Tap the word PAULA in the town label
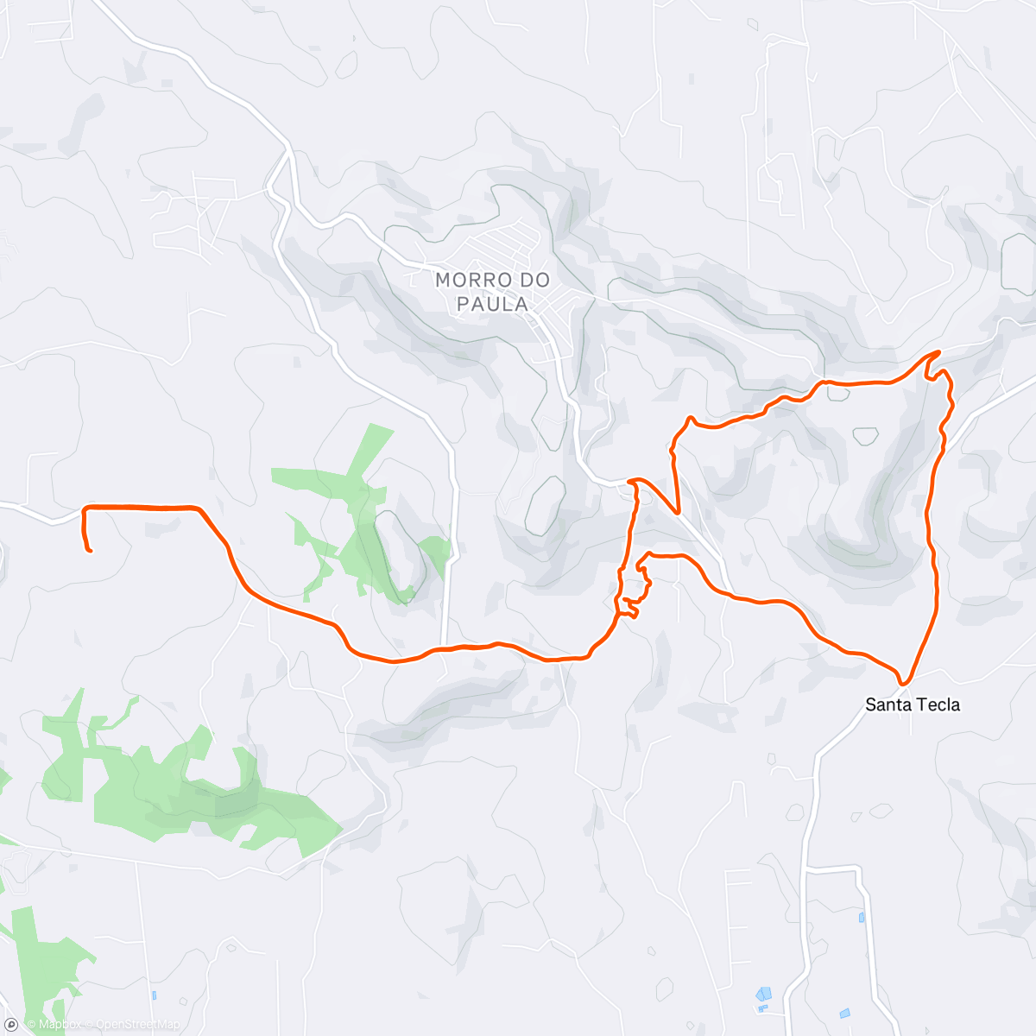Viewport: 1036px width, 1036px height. click(492, 304)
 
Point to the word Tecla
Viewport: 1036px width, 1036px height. click(938, 704)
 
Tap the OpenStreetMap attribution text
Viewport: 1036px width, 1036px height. click(138, 1025)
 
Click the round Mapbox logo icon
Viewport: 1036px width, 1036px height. click(12, 1024)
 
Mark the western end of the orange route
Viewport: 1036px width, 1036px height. click(90, 550)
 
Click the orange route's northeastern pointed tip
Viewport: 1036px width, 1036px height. click(938, 352)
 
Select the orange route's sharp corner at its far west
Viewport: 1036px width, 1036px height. click(85, 509)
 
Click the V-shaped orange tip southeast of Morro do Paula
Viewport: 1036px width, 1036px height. click(679, 513)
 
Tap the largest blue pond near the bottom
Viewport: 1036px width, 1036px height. click(764, 994)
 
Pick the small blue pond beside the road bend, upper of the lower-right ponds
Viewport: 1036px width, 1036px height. click(862, 918)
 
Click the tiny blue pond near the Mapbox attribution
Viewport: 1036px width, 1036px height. click(154, 995)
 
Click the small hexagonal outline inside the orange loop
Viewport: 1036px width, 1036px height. click(865, 436)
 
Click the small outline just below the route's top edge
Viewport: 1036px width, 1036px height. click(837, 393)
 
